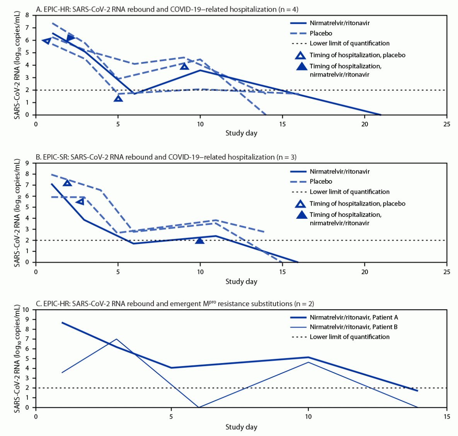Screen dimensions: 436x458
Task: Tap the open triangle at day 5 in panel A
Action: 118,99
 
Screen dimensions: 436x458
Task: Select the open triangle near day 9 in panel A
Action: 185,66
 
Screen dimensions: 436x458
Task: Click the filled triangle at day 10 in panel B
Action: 199,241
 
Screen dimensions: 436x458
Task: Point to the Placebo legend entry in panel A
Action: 320,33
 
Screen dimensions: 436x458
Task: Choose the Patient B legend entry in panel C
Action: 353,327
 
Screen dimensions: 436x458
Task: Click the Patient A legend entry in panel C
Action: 353,317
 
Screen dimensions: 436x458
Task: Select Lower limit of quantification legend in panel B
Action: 349,192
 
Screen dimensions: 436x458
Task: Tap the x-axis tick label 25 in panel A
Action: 446,124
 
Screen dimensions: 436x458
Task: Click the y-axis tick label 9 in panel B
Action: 27,163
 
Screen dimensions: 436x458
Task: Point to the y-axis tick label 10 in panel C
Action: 26,310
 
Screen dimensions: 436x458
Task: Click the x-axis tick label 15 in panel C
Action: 446,417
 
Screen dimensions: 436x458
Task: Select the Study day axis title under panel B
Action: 241,281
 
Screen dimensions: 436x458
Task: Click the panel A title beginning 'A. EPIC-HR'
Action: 167,9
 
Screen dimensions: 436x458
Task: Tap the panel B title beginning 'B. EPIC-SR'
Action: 166,157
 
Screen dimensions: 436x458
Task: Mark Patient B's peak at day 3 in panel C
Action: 117,339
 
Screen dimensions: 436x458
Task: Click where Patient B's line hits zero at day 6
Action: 199,407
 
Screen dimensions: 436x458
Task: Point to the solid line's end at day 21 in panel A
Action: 381,115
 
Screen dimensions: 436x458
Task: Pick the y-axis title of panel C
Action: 17,358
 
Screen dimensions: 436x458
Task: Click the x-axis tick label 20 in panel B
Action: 364,272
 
